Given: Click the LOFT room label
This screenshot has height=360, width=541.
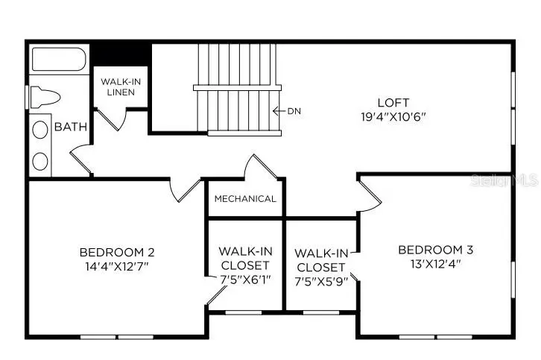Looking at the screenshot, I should click(x=393, y=102).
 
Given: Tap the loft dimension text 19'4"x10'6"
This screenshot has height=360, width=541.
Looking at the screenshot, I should click(x=393, y=116).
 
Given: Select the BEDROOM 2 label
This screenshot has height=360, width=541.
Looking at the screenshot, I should click(x=117, y=251).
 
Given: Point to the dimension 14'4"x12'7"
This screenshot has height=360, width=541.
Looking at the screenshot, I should click(x=117, y=265).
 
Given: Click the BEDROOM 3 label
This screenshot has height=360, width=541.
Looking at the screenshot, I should click(x=435, y=250).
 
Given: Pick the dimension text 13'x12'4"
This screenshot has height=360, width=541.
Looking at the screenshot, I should click(x=435, y=264).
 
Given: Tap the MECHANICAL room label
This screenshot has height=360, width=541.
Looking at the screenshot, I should click(x=245, y=199).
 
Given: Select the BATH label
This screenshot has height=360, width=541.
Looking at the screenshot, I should click(x=71, y=127).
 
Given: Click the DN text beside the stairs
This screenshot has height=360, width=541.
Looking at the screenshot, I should click(x=294, y=112).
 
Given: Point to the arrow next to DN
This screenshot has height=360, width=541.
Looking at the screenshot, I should click(x=279, y=112).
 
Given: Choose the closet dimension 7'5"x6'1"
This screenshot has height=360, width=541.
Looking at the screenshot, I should click(x=245, y=280).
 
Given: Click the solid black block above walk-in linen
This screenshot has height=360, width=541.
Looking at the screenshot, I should click(x=121, y=54).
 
